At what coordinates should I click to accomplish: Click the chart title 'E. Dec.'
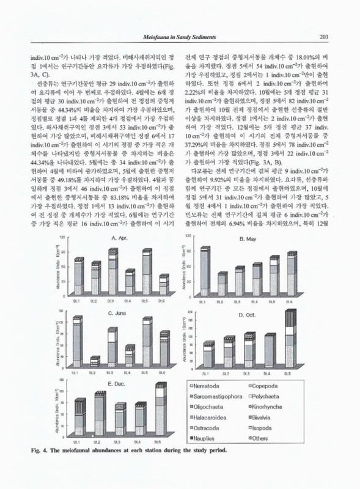(117, 383)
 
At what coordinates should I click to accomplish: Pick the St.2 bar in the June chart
(94, 361)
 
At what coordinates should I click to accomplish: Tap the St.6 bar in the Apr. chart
(163, 285)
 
